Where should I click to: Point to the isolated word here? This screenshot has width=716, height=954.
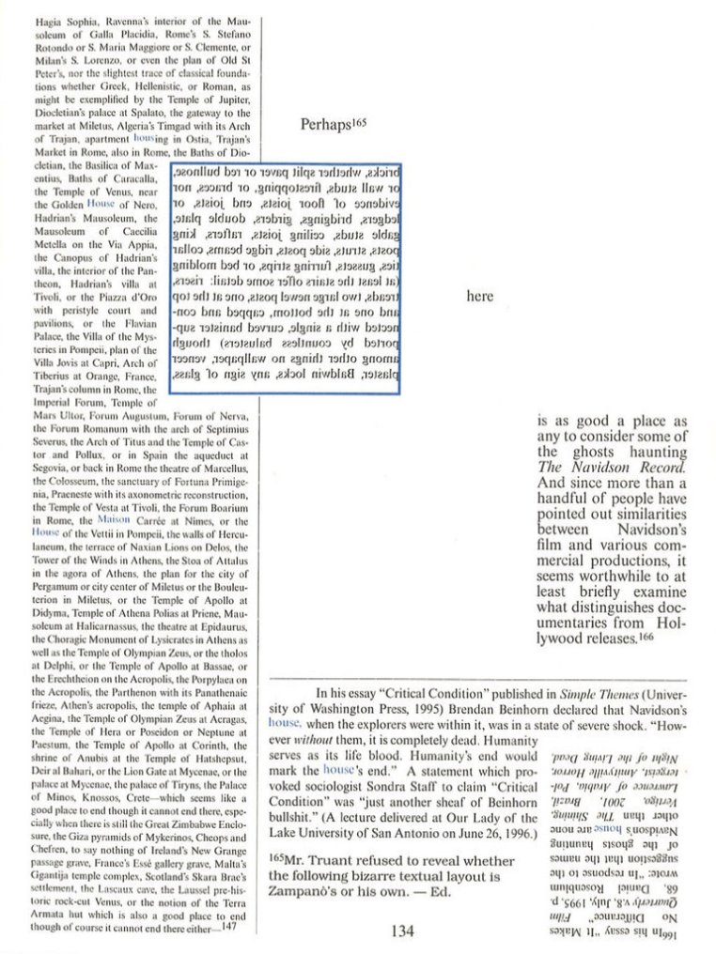479,296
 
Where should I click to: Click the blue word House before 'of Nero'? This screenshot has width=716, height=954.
100,202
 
